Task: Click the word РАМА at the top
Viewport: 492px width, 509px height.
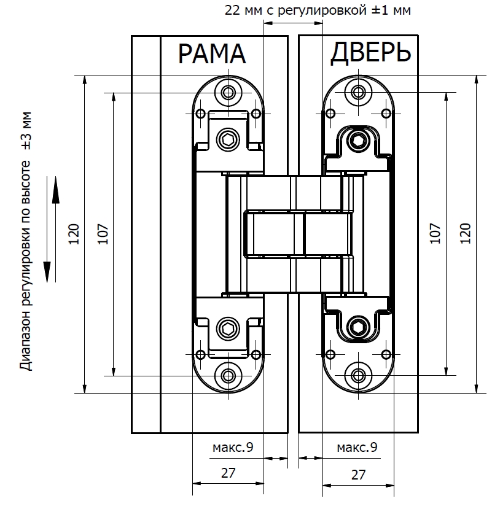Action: coord(211,54)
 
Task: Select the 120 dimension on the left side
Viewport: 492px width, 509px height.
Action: coord(74,234)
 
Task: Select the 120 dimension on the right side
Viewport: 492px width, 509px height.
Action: coord(465,234)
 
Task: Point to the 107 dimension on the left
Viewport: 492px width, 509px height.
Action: coord(103,234)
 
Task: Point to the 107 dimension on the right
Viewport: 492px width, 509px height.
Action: coord(435,234)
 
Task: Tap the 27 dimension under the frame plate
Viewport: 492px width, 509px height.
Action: coord(228,475)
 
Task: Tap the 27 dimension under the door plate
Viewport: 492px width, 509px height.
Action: coord(358,475)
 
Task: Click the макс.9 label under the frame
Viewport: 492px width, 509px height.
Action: coord(233,448)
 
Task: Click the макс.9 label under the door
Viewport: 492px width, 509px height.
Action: coord(357,448)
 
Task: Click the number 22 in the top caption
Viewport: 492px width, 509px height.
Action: coord(232,10)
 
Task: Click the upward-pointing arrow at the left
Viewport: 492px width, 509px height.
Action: coord(55,190)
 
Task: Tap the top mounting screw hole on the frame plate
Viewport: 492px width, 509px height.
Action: coord(229,93)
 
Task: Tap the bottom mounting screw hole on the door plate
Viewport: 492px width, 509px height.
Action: coord(357,375)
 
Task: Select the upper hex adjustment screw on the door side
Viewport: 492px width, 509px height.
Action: coord(357,141)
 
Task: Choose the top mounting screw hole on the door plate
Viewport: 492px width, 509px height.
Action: coord(357,93)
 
